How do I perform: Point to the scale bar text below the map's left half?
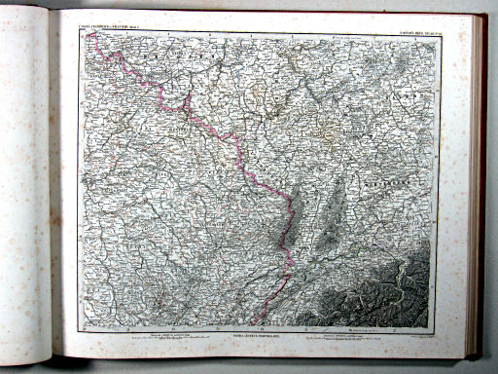click(165, 334)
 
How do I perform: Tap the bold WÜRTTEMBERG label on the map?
click(389, 182)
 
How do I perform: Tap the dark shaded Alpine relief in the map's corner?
click(389, 292)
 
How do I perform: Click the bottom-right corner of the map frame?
click(441, 325)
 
